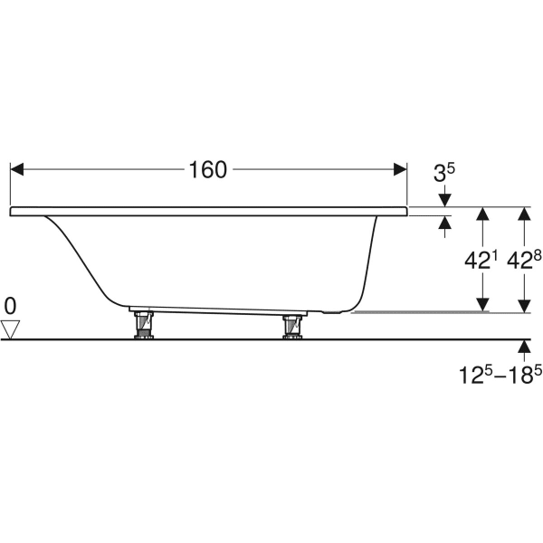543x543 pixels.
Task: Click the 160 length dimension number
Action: pyautogui.click(x=208, y=170)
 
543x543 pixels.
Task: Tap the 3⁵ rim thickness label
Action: pyautogui.click(x=444, y=173)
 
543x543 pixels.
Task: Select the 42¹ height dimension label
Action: pyautogui.click(x=481, y=260)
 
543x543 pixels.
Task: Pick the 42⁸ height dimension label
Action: pyautogui.click(x=524, y=260)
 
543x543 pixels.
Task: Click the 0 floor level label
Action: pyautogui.click(x=10, y=307)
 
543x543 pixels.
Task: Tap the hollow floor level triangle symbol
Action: pyautogui.click(x=10, y=329)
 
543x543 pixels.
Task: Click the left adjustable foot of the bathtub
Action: pyautogui.click(x=144, y=325)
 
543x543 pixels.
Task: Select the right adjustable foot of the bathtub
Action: pyautogui.click(x=292, y=327)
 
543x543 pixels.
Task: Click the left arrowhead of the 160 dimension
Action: pyautogui.click(x=16, y=169)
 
